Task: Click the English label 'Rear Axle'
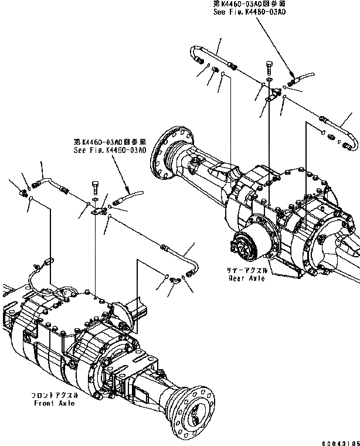(x=247, y=278)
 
